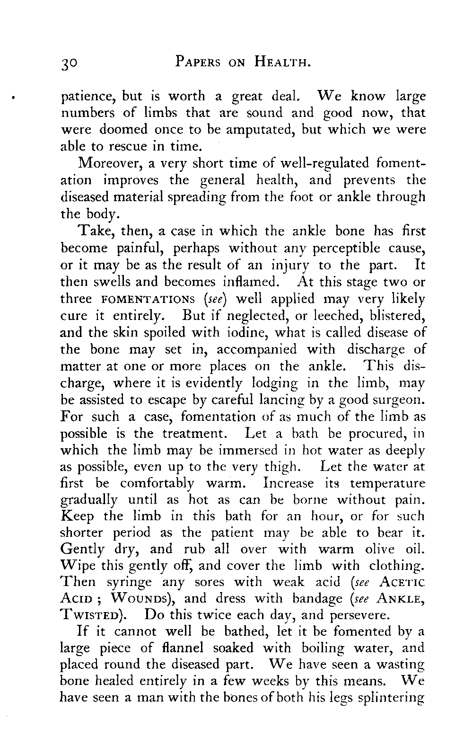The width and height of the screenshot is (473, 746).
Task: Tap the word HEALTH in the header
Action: coord(281,62)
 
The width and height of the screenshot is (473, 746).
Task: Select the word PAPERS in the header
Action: coord(197,62)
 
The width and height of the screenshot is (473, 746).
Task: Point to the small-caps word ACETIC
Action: coord(402,582)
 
